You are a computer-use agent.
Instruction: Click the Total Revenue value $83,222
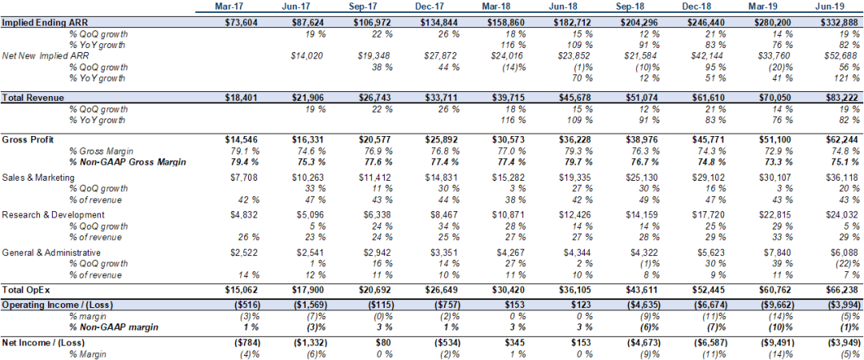(842, 98)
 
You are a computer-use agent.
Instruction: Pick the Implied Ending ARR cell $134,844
(441, 22)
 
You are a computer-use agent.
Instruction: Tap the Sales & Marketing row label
(38, 177)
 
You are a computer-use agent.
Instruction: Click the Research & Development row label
(54, 214)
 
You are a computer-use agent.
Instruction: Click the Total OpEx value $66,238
(842, 290)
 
